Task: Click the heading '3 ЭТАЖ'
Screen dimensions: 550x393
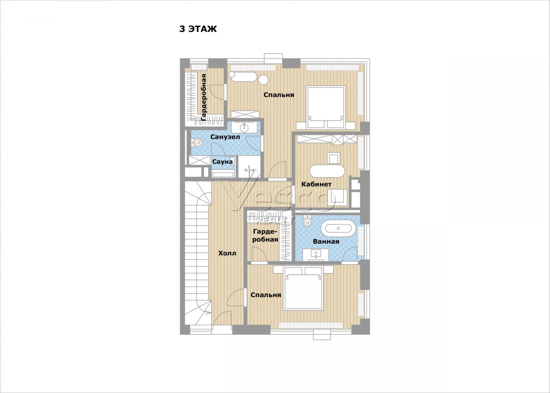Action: (x=198, y=29)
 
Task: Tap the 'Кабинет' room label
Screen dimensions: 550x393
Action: (x=316, y=184)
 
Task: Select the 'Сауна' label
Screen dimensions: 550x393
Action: (x=223, y=162)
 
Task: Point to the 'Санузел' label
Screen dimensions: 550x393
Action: (x=225, y=137)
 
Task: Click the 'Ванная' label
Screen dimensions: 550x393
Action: (x=326, y=241)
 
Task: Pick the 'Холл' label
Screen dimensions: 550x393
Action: (x=227, y=253)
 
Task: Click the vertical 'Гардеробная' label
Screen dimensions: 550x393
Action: (x=203, y=97)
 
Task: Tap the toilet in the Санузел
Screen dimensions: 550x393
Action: (x=197, y=142)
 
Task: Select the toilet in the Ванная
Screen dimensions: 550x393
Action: (x=307, y=221)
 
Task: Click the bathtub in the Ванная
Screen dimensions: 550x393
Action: (x=338, y=229)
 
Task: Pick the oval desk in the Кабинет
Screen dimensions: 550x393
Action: (x=327, y=171)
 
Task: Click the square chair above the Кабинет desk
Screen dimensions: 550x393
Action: (x=334, y=158)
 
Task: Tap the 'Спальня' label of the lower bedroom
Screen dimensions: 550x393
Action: (x=266, y=295)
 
